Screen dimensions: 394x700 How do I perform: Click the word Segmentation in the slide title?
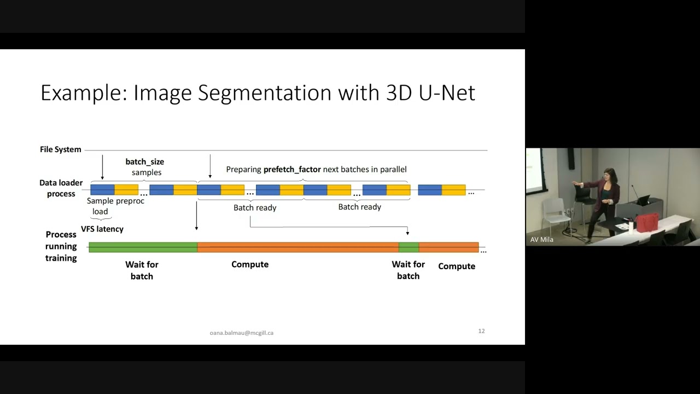[x=264, y=93]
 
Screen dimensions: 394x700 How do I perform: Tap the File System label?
[x=60, y=149]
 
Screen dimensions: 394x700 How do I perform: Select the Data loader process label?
[x=61, y=188]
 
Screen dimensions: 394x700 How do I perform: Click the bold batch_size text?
[x=144, y=162]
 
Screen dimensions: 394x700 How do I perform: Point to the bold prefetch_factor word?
[x=292, y=170]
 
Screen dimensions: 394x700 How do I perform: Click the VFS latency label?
[x=102, y=229]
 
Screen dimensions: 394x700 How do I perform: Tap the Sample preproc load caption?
[x=115, y=206]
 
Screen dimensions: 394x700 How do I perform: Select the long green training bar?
[x=142, y=247]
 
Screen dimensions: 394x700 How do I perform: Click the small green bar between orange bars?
[x=409, y=247]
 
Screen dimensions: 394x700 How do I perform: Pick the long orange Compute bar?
[x=298, y=247]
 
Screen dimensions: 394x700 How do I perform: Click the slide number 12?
[x=481, y=331]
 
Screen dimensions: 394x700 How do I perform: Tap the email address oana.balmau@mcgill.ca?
[x=241, y=333]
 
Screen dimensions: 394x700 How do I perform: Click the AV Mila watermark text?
[x=541, y=240]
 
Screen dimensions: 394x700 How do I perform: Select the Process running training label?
[x=61, y=246]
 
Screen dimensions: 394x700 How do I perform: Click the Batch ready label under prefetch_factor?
[x=359, y=207]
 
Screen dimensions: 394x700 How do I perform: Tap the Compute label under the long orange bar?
[x=250, y=264]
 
